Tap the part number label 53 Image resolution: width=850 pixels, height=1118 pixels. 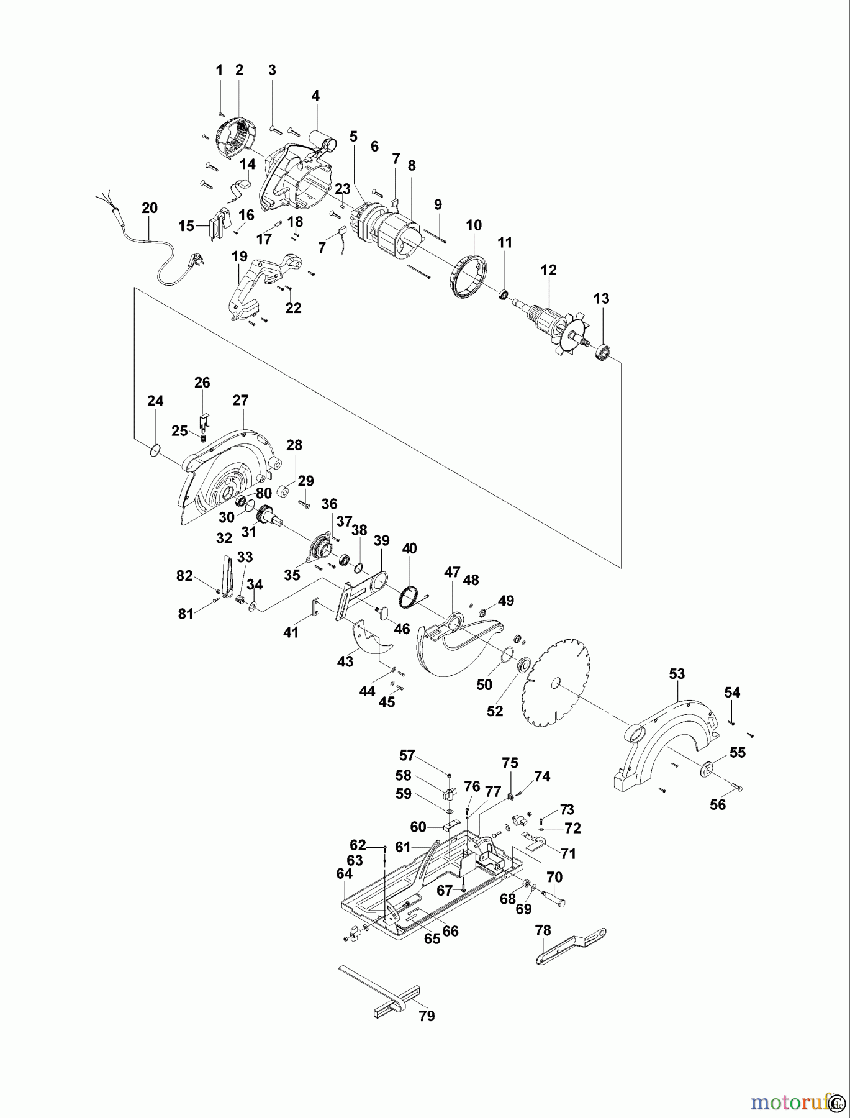click(677, 674)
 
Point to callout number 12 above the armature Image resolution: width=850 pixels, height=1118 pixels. click(549, 270)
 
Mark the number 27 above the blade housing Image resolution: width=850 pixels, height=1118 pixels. click(240, 401)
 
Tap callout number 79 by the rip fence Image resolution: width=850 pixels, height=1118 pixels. click(427, 1016)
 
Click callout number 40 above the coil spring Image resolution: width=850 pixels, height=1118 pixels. click(410, 548)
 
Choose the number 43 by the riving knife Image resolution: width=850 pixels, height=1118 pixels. click(345, 661)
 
